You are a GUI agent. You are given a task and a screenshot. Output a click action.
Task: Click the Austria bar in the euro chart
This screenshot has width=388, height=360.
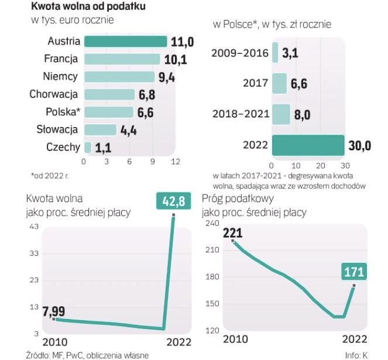(125, 42)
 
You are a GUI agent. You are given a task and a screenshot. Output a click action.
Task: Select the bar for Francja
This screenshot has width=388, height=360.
(122, 59)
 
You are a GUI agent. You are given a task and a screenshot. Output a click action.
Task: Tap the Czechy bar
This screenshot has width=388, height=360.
(88, 147)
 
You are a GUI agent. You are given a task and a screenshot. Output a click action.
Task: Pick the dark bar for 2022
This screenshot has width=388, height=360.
(308, 145)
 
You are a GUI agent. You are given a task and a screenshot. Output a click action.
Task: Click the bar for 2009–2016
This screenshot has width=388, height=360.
(274, 53)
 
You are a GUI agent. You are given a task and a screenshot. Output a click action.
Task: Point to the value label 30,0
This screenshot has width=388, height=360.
(359, 146)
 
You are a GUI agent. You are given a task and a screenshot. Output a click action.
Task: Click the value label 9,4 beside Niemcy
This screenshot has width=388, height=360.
(166, 77)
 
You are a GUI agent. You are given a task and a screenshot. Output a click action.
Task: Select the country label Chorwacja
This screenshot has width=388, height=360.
(54, 94)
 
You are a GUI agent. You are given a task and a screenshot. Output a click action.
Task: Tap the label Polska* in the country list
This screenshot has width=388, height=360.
(62, 112)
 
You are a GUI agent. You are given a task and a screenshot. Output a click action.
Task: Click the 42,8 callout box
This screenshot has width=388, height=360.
(173, 201)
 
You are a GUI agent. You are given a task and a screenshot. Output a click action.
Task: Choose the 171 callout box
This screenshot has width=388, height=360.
(355, 272)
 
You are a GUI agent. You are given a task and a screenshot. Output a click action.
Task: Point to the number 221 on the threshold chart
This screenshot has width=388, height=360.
(232, 233)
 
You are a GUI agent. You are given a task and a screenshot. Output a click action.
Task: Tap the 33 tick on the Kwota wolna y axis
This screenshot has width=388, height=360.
(33, 253)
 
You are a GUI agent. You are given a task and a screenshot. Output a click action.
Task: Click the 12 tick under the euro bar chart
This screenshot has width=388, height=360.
(175, 162)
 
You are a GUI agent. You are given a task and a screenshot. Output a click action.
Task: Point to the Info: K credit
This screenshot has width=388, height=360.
(356, 355)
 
